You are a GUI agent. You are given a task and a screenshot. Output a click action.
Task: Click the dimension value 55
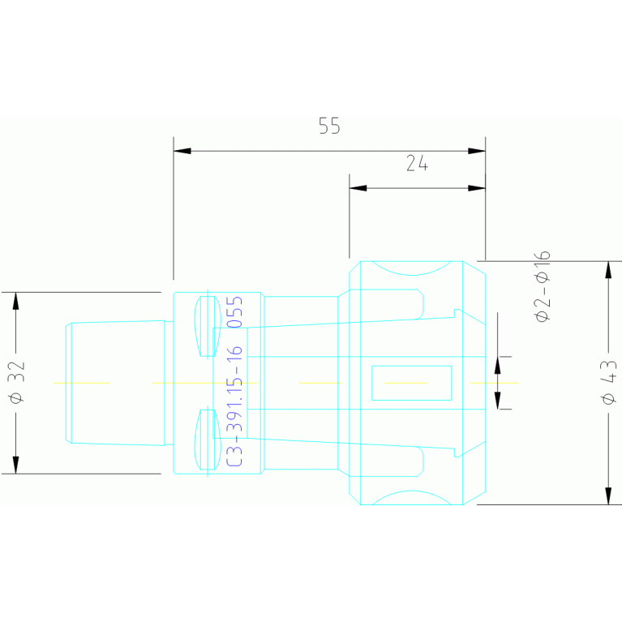(x=328, y=127)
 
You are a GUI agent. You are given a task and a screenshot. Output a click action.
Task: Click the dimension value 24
(x=417, y=164)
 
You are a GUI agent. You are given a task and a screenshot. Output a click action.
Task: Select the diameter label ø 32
(x=19, y=382)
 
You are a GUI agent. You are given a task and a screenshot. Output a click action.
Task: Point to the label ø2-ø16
(x=543, y=286)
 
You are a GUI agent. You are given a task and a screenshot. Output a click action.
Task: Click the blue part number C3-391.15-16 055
(x=235, y=381)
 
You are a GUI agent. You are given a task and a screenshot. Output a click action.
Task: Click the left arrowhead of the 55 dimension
(x=182, y=151)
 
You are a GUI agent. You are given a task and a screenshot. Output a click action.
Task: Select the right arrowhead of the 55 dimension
(x=477, y=151)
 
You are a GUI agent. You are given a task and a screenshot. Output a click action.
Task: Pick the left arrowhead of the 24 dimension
(x=358, y=188)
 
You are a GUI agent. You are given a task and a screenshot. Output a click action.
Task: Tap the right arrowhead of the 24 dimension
(x=477, y=188)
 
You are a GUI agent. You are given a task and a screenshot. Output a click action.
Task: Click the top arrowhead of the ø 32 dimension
(x=15, y=300)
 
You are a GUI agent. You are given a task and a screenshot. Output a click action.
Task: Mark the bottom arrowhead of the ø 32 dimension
(x=15, y=465)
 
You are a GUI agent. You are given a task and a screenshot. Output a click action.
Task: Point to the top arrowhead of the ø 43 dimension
(x=609, y=269)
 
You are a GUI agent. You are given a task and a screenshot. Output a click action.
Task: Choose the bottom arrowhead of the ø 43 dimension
(x=609, y=495)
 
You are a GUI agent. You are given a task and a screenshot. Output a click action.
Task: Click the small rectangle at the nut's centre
(x=411, y=383)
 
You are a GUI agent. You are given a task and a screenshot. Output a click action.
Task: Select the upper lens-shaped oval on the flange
(x=208, y=326)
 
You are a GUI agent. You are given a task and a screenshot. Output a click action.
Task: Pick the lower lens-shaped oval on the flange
(x=208, y=440)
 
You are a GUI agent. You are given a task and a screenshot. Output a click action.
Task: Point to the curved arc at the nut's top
(x=411, y=270)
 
